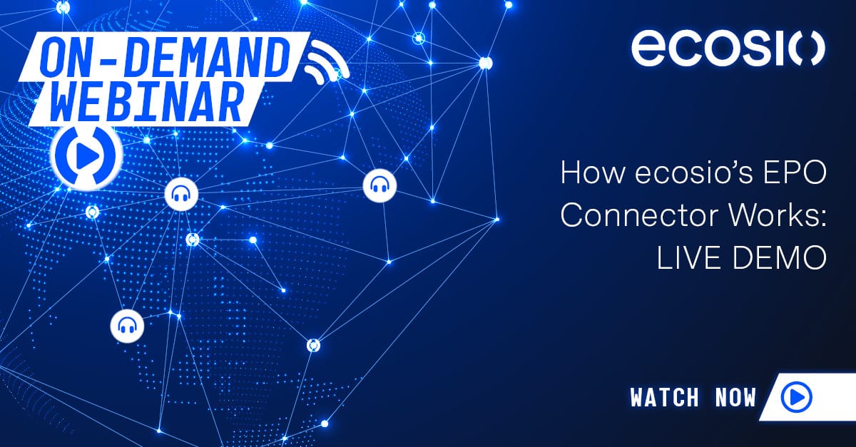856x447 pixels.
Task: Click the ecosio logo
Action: pyautogui.click(x=728, y=49)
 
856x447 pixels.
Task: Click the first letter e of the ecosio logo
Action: pyautogui.click(x=648, y=49)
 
